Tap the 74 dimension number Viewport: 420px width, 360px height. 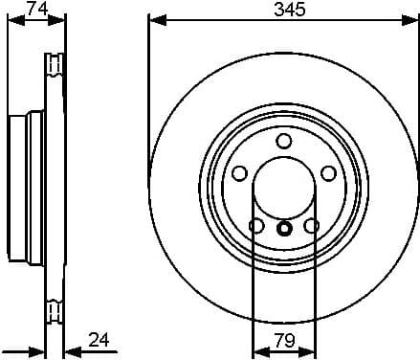(x=36, y=9)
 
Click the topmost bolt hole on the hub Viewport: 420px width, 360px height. (x=284, y=141)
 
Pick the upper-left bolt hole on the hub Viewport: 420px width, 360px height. (x=239, y=173)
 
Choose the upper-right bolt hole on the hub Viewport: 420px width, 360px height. (x=328, y=173)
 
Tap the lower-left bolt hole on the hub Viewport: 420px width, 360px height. (x=256, y=226)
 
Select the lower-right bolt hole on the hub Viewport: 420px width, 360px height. (x=311, y=226)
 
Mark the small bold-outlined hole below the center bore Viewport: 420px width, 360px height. (x=284, y=229)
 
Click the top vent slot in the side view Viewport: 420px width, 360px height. (x=53, y=65)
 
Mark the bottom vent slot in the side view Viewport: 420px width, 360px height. (x=53, y=311)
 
